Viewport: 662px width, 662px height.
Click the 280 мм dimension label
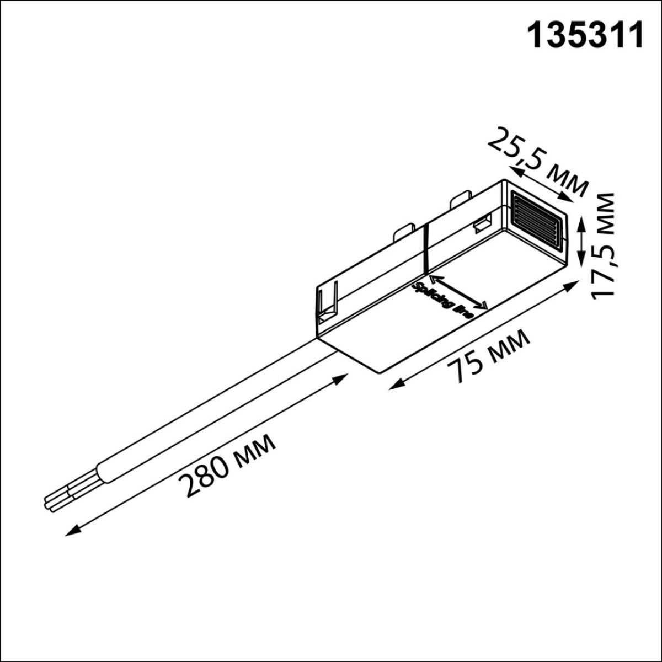pyautogui.click(x=229, y=465)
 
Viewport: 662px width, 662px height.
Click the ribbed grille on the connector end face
pyautogui.click(x=538, y=219)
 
